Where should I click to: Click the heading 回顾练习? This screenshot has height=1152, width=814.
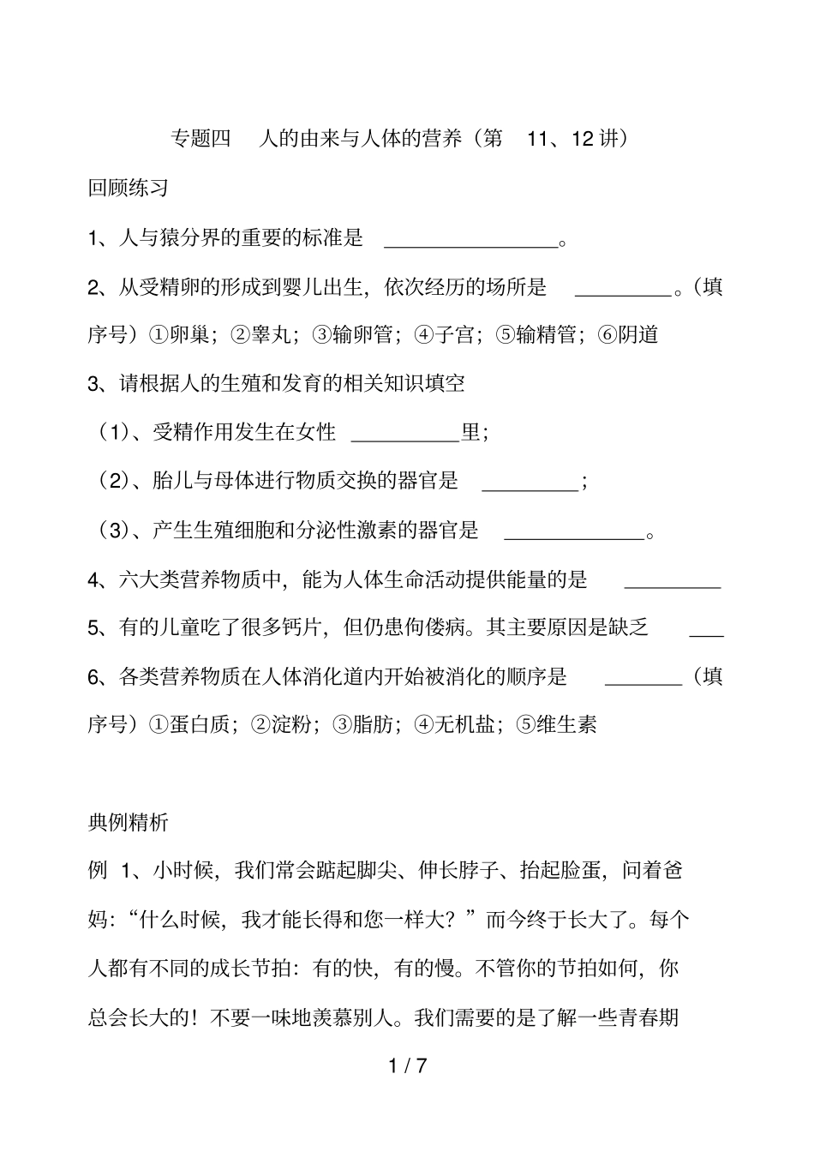pos(129,188)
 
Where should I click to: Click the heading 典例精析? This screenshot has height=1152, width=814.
pos(129,823)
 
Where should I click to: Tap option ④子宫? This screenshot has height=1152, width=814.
pos(446,335)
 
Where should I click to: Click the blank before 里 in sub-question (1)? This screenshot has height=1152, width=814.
pos(406,437)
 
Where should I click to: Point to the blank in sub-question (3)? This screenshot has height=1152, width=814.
pos(574,537)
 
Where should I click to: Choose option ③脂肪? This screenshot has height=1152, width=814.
pos(366,725)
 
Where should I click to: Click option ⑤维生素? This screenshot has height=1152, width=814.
pos(558,725)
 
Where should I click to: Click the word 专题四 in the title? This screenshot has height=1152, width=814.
pos(202,139)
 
